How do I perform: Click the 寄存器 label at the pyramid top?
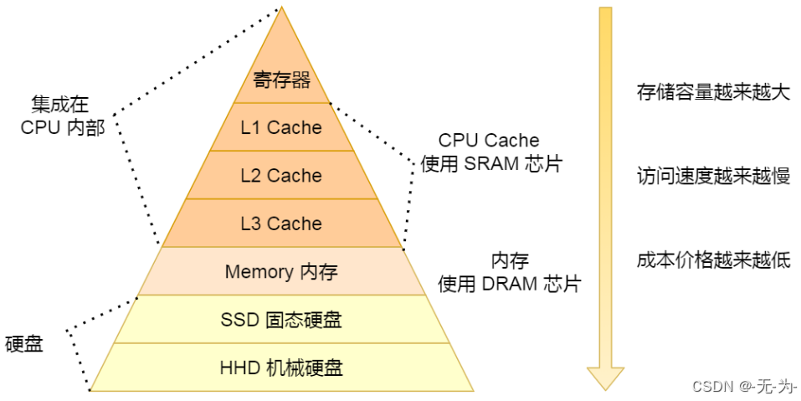click(x=281, y=80)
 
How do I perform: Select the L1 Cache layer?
click(x=281, y=127)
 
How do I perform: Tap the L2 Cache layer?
click(x=281, y=176)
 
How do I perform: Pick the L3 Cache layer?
click(x=281, y=224)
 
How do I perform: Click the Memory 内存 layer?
click(x=281, y=271)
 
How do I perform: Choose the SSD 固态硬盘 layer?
click(x=281, y=320)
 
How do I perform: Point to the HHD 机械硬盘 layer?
click(x=281, y=368)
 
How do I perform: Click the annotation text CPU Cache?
click(x=489, y=140)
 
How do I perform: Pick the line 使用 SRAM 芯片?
click(x=491, y=163)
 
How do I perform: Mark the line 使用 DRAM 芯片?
click(x=509, y=284)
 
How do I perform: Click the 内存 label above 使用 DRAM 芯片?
click(x=509, y=260)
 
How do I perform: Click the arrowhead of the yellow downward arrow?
click(x=605, y=378)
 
